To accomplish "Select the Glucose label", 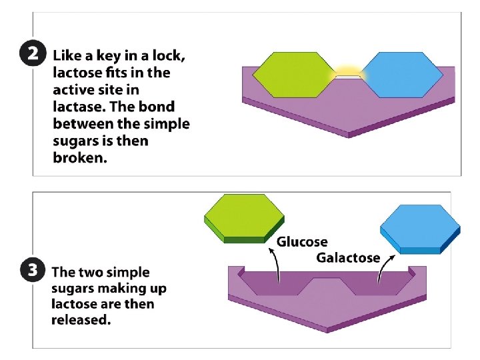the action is coord(302,242).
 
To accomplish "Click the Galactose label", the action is coord(347,257).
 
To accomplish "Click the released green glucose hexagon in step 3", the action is coord(244,217).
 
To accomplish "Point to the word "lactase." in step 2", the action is coord(80,107).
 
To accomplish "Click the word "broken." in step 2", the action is coord(79,159).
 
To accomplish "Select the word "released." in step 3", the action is coord(81,320).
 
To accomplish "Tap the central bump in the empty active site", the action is coord(326,287).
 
